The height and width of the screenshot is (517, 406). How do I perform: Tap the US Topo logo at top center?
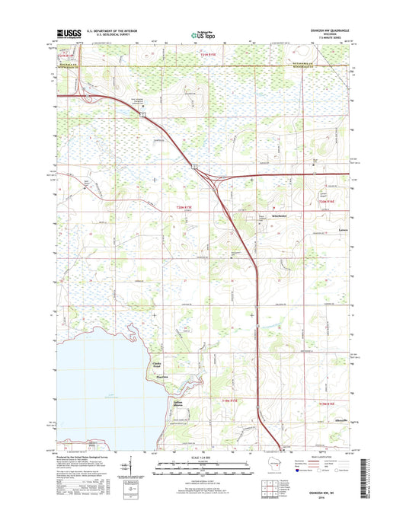[203, 34]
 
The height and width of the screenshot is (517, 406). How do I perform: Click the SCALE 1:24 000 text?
[203, 457]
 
